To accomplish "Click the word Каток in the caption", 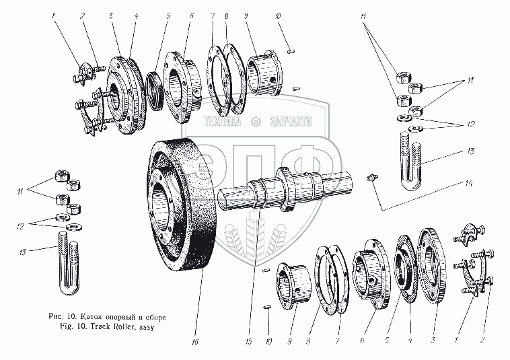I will (x=90, y=316).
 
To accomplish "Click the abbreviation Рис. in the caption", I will (x=57, y=316).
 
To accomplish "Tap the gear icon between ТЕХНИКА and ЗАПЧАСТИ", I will (x=255, y=122).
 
